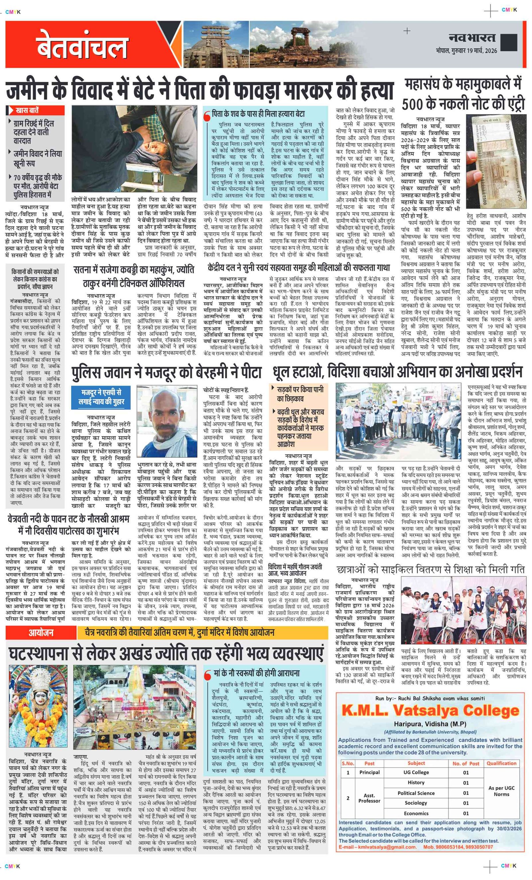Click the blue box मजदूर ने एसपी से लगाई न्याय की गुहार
click(101, 397)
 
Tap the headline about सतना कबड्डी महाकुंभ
click(133, 276)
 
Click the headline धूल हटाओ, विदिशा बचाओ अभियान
click(397, 372)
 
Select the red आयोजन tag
click(41, 632)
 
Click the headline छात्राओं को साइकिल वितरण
click(430, 569)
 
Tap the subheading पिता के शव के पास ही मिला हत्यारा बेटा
click(258, 114)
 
